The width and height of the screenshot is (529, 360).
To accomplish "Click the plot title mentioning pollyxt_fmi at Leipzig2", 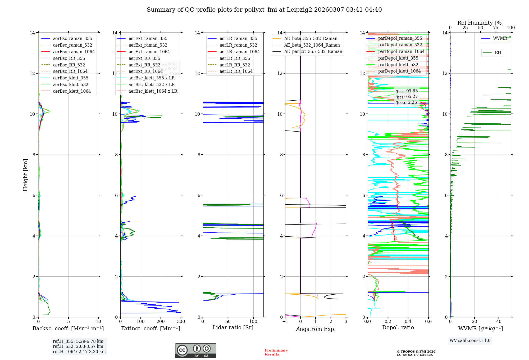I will [264, 10].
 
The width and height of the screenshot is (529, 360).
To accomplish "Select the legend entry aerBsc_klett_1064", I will [72, 91].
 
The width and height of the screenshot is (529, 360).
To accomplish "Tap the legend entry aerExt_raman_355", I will [148, 39].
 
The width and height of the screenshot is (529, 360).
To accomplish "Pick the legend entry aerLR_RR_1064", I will [236, 71].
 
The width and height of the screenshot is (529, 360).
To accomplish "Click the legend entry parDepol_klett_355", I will [398, 58].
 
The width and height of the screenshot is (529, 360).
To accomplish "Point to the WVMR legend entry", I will [500, 38].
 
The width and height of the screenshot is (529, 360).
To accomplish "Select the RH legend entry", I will [498, 53].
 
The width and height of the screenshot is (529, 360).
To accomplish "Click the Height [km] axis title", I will [25, 175].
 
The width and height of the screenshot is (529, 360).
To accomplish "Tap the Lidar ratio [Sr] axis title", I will [233, 328].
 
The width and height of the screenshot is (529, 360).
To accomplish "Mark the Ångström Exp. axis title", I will [316, 329].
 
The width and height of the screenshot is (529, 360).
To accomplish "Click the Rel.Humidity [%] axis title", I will [480, 23].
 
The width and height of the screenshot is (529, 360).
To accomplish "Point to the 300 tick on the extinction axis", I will [181, 322].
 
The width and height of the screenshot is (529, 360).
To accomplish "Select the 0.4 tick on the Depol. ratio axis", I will [408, 322].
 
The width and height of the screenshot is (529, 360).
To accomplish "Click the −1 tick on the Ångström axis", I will [285, 322].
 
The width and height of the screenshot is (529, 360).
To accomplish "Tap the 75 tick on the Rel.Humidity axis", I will [496, 28].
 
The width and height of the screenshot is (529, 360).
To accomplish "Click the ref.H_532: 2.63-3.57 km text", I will [78, 346].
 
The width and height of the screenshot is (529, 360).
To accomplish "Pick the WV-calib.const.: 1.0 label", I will [470, 341].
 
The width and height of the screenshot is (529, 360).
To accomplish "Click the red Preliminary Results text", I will [276, 352].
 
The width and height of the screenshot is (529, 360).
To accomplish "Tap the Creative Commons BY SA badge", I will [195, 350].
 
